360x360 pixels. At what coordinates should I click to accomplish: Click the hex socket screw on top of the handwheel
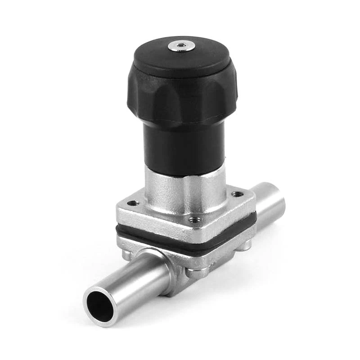[x=181, y=45]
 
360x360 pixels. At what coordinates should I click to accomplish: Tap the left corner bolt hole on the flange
[x=133, y=203]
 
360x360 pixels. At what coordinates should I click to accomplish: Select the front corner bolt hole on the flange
[x=194, y=220]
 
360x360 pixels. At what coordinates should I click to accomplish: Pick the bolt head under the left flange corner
[x=127, y=255]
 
